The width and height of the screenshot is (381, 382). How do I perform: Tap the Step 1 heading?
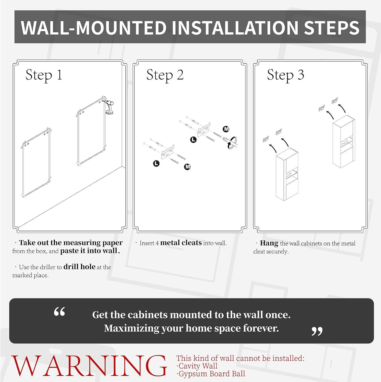[44, 75]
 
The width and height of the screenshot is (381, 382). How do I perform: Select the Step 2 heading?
[165, 75]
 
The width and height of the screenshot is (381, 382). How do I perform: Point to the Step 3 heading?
[285, 75]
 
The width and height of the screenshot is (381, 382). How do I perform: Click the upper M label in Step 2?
[226, 129]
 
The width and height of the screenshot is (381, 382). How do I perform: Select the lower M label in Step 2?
[187, 167]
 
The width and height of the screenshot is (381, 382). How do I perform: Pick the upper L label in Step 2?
[193, 140]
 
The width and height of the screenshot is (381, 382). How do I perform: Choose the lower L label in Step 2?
[156, 163]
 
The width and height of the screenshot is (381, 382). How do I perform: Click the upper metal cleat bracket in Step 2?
[204, 130]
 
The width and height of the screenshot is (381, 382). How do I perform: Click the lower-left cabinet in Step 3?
[287, 174]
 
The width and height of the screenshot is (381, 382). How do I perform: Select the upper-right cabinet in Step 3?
[344, 141]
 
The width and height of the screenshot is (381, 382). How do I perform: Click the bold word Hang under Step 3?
[269, 243]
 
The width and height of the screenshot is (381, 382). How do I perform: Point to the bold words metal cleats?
[181, 243]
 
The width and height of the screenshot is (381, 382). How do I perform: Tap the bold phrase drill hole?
[79, 267]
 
